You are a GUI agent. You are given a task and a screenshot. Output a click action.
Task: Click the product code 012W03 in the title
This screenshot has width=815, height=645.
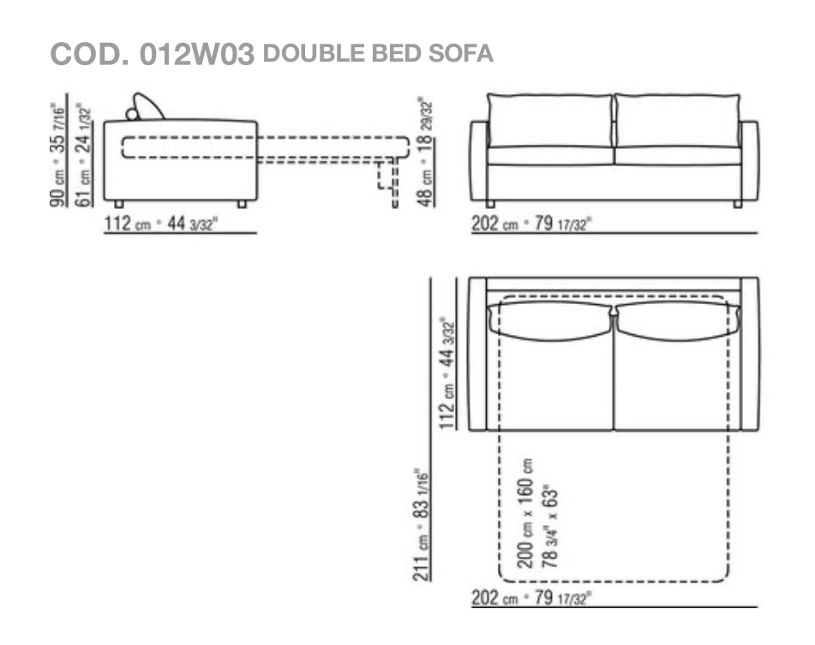pyautogui.click(x=197, y=54)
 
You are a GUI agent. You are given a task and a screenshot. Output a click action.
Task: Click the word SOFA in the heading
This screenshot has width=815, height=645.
pyautogui.click(x=460, y=53)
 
